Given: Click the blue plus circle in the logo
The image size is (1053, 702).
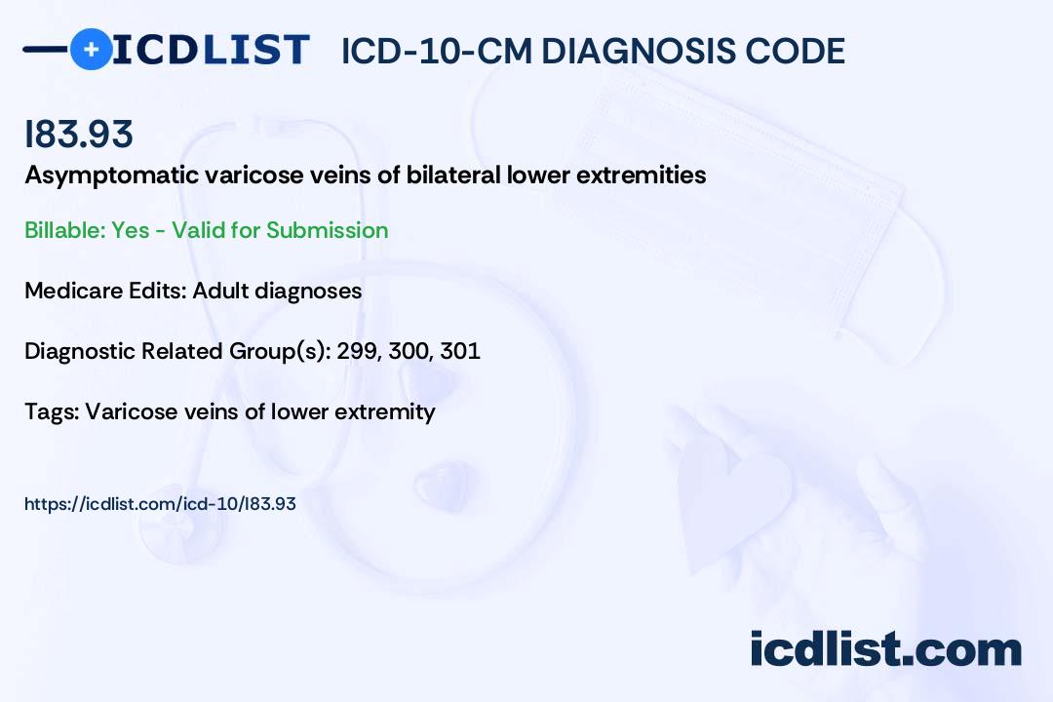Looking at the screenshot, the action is (91, 49).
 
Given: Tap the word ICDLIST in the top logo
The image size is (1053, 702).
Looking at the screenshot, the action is (211, 50).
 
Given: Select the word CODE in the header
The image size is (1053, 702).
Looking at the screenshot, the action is (786, 52).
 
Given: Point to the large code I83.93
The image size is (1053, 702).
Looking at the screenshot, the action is (79, 134).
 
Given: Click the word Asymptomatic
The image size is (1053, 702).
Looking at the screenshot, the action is (111, 176).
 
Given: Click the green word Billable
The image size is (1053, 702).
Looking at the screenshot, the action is (64, 230).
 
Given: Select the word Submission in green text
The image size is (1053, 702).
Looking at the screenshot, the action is (327, 230).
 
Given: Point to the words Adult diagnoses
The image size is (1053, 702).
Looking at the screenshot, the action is (277, 292).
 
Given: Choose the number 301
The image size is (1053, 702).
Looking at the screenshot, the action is (460, 351).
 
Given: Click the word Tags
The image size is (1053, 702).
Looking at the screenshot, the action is (53, 411).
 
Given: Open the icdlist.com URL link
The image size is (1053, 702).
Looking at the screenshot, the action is (160, 504).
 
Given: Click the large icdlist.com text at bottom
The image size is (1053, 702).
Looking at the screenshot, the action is (885, 649).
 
